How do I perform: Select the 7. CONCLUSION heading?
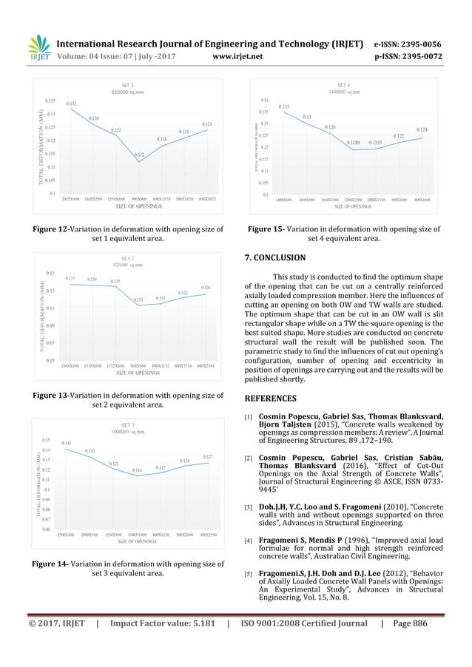pos(274,258)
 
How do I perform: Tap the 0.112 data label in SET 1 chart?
pos(139,155)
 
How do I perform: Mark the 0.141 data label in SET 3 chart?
pos(66,442)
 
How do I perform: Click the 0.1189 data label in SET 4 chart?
pos(354,142)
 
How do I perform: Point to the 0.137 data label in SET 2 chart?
pos(70,278)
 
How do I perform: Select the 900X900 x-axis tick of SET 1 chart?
pos(139,199)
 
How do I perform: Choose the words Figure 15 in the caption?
pos(265,229)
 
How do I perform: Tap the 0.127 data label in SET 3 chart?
pos(208,457)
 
